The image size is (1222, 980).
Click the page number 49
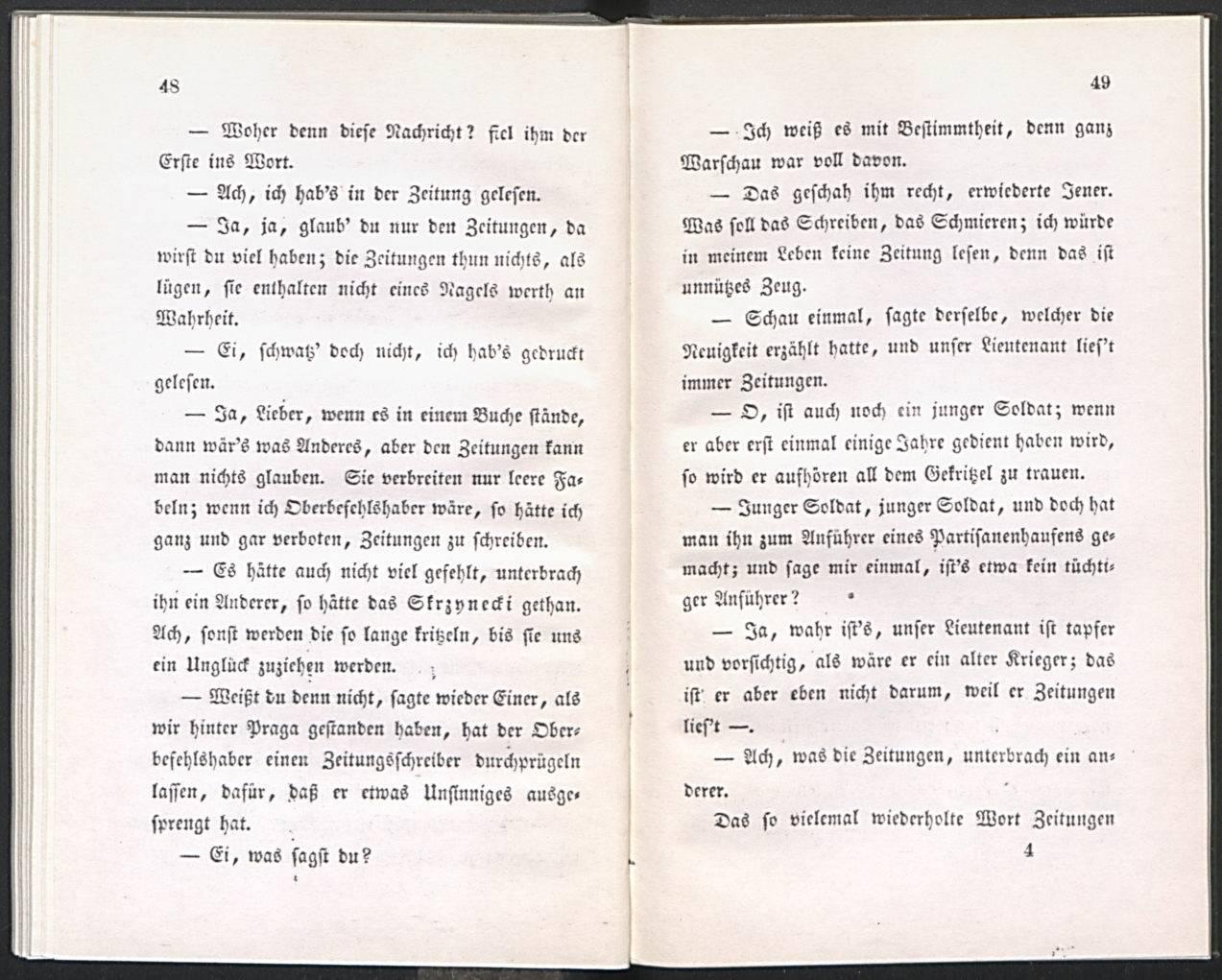(x=1100, y=83)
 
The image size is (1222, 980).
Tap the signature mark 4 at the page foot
(x=1028, y=849)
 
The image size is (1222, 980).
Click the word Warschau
(x=747, y=158)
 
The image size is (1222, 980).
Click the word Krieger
(x=1033, y=660)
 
